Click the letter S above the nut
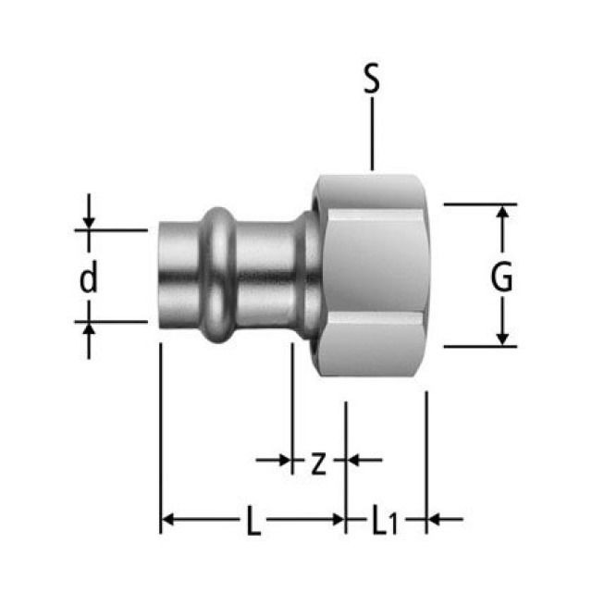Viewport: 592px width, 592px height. (x=371, y=80)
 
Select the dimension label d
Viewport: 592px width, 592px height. (x=88, y=278)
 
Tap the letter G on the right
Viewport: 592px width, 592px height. (x=501, y=277)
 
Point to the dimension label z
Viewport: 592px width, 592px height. (x=317, y=462)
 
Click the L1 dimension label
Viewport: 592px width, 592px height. (x=385, y=524)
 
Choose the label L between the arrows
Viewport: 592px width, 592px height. (x=253, y=524)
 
